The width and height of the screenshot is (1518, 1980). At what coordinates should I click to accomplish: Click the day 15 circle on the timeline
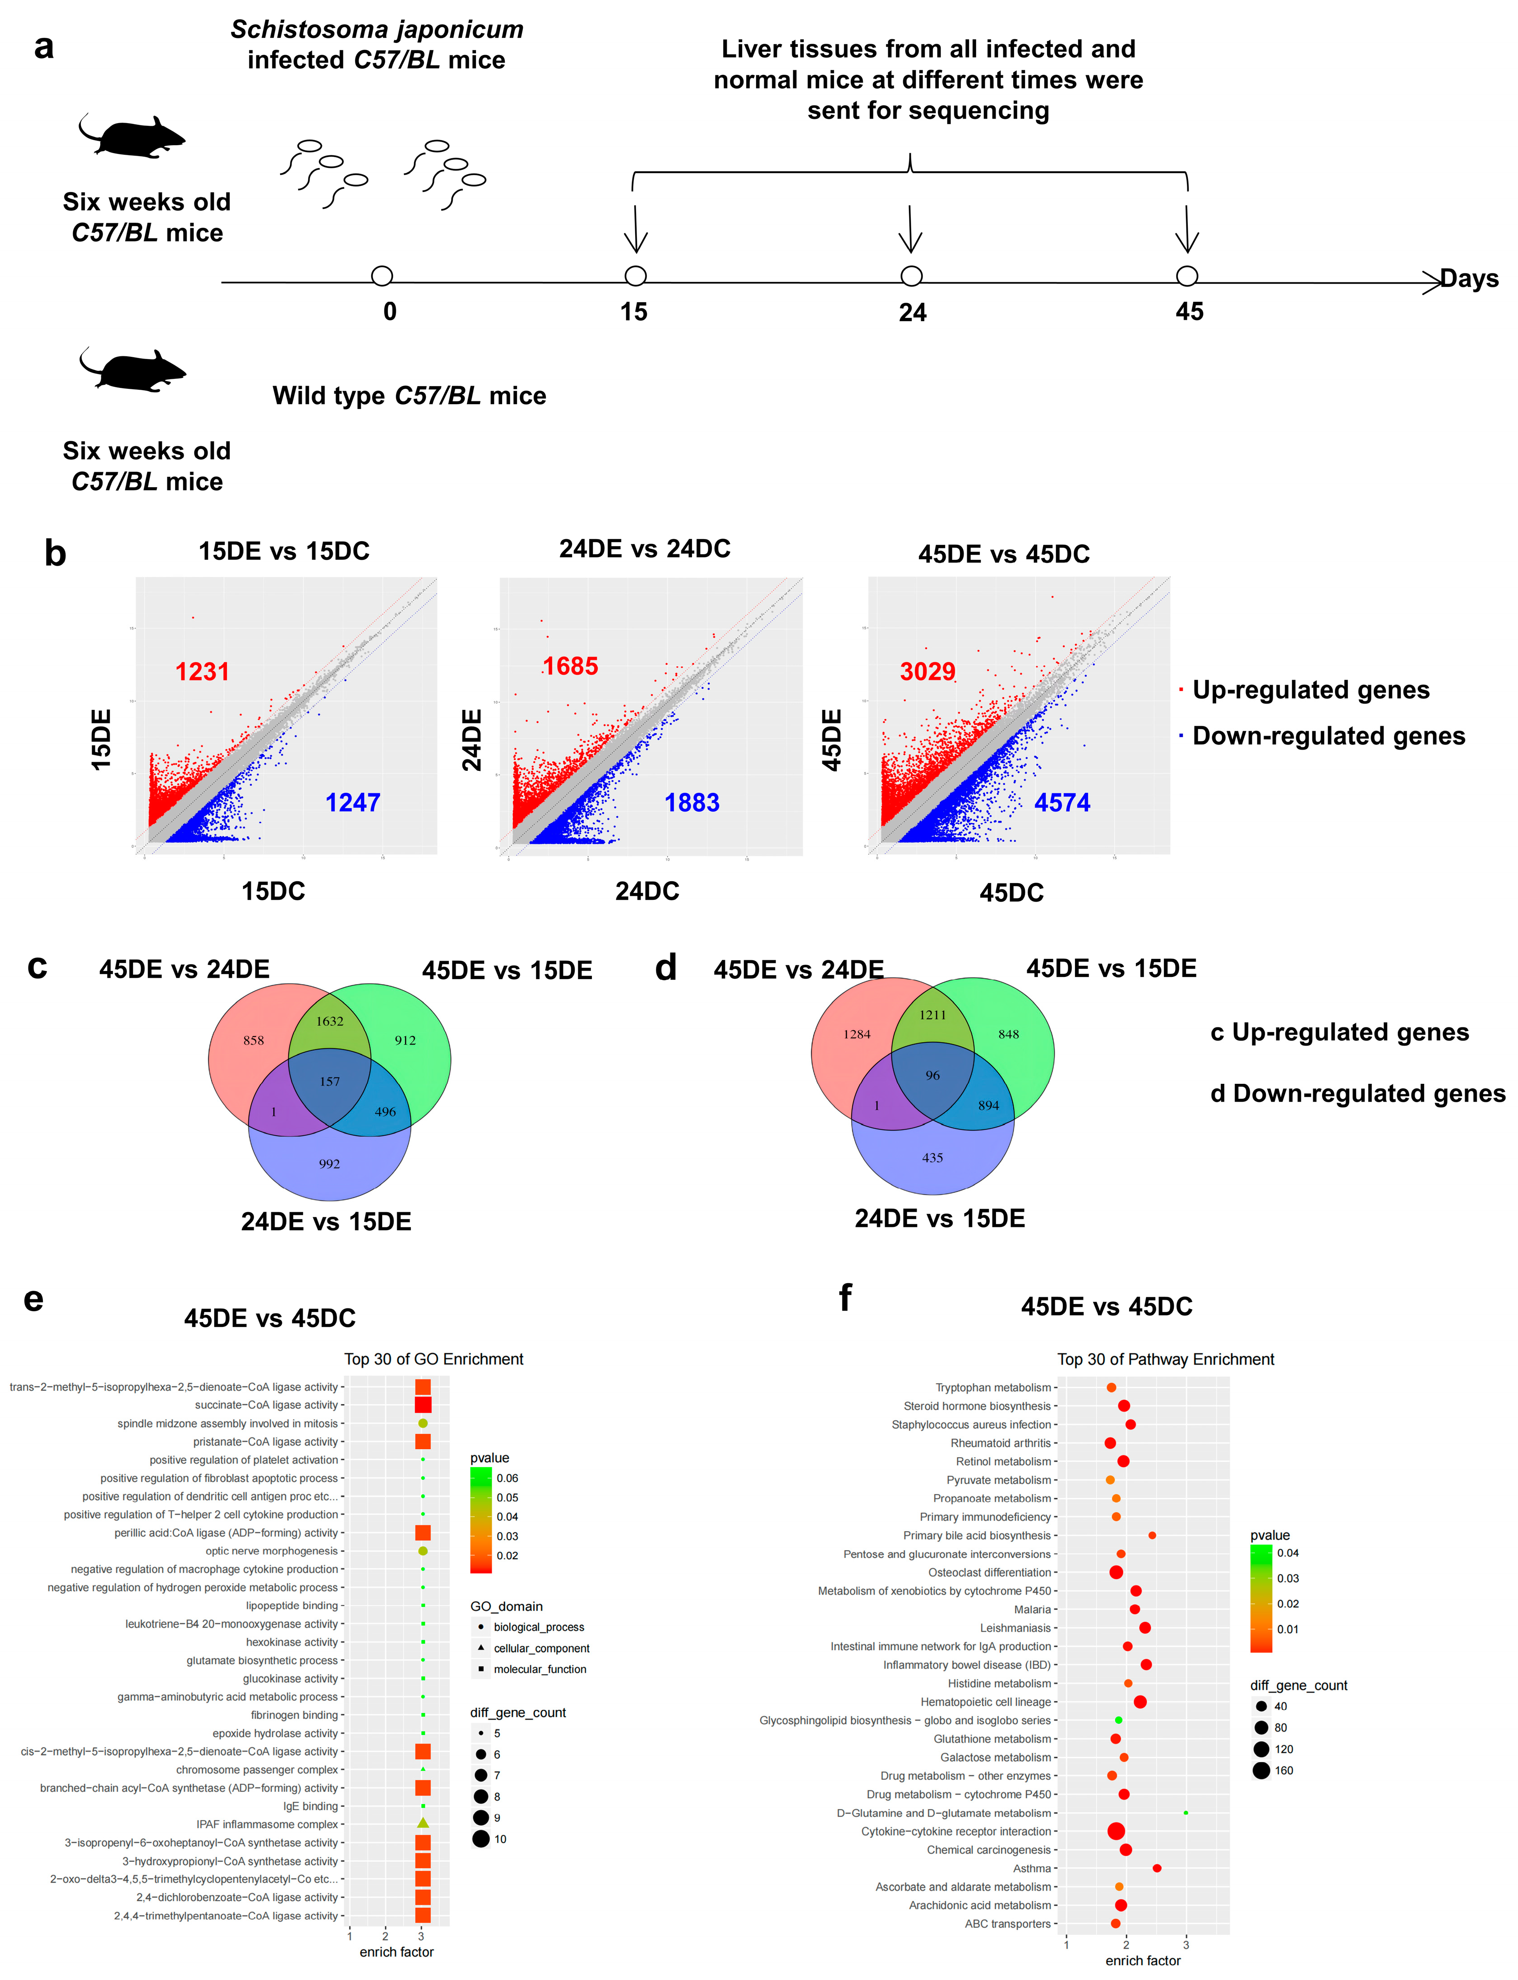pyautogui.click(x=635, y=276)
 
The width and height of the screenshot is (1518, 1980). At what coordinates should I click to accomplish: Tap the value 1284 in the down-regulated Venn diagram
pyautogui.click(x=857, y=1034)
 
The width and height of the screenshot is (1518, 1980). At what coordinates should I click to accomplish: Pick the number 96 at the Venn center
pyautogui.click(x=932, y=1075)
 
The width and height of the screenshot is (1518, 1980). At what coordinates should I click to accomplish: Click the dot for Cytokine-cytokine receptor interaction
pyautogui.click(x=1116, y=1831)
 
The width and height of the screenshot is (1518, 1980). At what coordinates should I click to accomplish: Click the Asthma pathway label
pyautogui.click(x=1032, y=1868)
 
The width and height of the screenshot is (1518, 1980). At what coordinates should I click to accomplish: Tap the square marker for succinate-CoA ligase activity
pyautogui.click(x=423, y=1404)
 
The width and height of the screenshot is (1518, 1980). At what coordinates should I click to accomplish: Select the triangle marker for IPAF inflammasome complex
pyautogui.click(x=423, y=1823)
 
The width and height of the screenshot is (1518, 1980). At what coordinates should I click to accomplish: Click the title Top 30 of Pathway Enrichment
pyautogui.click(x=1166, y=1359)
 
